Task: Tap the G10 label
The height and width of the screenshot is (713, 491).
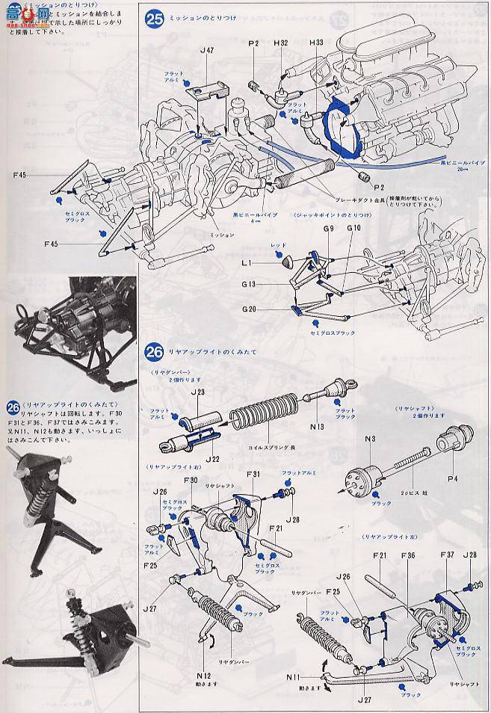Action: (353, 227)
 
